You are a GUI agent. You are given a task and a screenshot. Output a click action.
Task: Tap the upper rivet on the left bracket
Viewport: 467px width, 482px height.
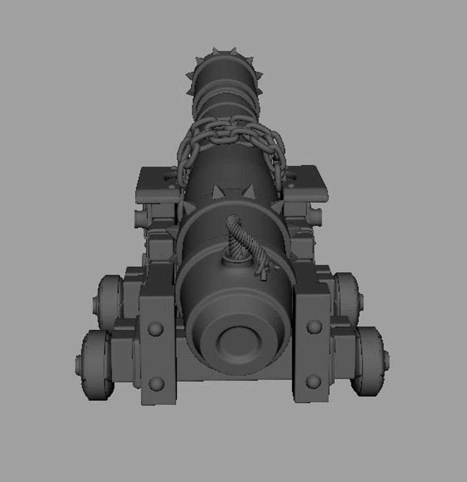coord(156,329)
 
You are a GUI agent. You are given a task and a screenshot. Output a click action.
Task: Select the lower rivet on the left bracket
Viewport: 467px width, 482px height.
coord(156,383)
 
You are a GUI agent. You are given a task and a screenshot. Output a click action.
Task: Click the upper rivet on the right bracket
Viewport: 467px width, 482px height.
coord(314,327)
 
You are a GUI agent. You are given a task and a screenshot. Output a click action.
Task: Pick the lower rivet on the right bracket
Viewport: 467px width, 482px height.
coord(313,381)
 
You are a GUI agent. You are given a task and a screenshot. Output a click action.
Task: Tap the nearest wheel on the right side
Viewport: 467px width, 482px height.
coord(369,361)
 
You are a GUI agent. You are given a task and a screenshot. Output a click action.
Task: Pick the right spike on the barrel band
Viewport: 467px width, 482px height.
coord(248,192)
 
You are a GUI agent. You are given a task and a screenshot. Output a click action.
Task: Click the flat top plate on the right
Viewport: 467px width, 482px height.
coord(307,182)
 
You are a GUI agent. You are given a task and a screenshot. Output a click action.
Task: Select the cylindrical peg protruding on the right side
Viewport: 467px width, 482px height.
coord(316,217)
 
